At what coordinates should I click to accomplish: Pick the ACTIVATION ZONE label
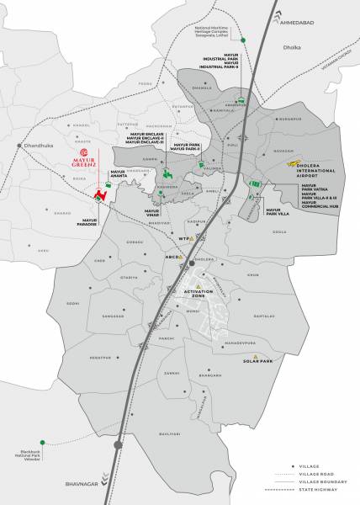point(192,295)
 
